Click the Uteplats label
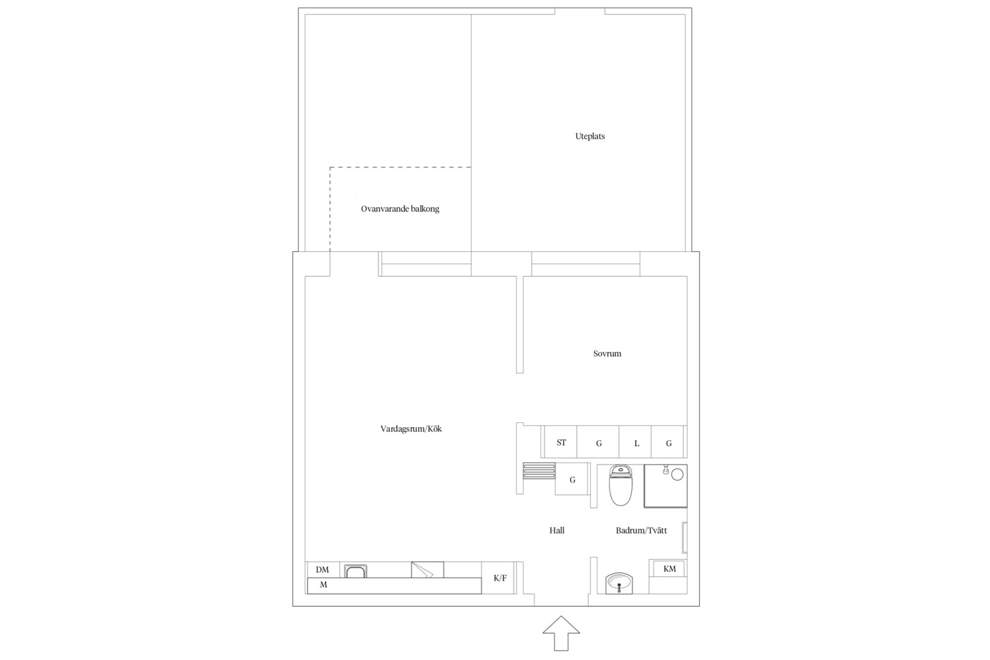click(x=590, y=136)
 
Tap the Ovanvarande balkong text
click(x=400, y=208)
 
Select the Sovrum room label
click(x=607, y=354)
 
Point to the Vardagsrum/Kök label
click(x=411, y=429)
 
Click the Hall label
click(x=557, y=530)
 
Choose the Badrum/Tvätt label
click(x=641, y=530)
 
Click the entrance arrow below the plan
click(x=561, y=633)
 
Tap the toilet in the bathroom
click(x=620, y=485)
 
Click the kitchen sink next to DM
click(x=355, y=571)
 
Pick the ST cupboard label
click(x=561, y=442)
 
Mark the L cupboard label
click(x=636, y=444)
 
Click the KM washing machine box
click(x=670, y=568)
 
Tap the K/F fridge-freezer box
click(x=499, y=577)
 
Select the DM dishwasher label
click(x=322, y=570)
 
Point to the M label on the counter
click(x=323, y=585)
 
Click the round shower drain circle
click(x=677, y=475)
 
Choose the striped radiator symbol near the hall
click(x=539, y=471)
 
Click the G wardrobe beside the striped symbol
click(x=573, y=480)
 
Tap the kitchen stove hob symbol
click(x=427, y=570)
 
